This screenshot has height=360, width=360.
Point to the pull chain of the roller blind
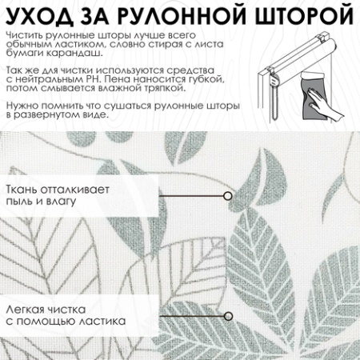[x=273, y=96]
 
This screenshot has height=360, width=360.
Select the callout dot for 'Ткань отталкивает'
[x=228, y=195]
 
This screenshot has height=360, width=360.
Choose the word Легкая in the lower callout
[x=25, y=310]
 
